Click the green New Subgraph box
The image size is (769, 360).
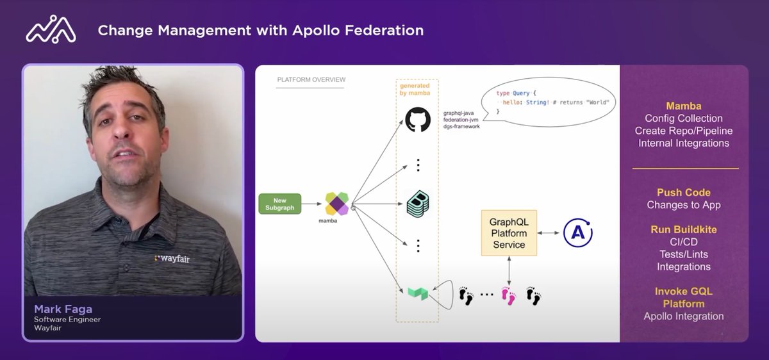pos(280,204)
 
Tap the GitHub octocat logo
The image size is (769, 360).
pos(418,120)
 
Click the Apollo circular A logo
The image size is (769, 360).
pos(577,233)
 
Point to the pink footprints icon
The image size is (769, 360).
pos(509,295)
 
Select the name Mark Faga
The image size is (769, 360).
pos(63,309)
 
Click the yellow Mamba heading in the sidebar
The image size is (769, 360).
pos(683,106)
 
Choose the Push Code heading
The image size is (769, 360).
pos(683,192)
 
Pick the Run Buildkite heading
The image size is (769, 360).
pos(683,229)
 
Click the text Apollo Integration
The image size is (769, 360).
pos(683,316)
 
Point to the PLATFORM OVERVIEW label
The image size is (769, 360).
pos(311,80)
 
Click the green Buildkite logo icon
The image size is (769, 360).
pos(417,292)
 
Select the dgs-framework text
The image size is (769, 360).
pos(461,126)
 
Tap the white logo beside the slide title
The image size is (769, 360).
pos(51,29)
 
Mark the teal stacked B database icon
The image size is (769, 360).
pos(418,204)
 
